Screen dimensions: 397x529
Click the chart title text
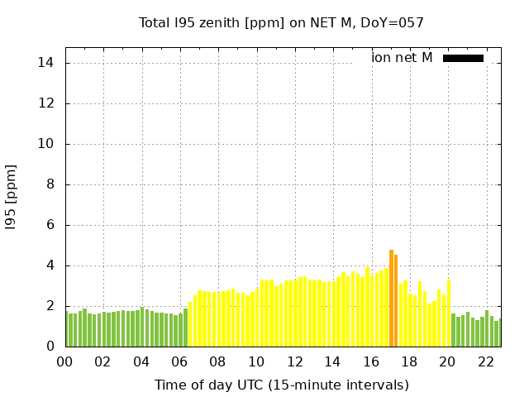[x=281, y=23]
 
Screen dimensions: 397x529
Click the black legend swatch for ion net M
[x=463, y=58]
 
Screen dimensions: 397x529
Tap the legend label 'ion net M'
[x=402, y=58]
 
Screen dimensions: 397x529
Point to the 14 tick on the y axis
[x=46, y=63]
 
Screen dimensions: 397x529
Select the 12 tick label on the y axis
[x=46, y=103]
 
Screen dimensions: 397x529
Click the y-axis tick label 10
[x=46, y=144]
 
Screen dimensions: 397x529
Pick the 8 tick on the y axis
[x=50, y=184]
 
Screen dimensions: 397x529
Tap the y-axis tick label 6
[x=50, y=225]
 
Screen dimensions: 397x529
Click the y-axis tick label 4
[x=50, y=265]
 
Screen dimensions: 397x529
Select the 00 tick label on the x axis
[x=64, y=361]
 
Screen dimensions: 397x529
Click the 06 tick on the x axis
[x=179, y=361]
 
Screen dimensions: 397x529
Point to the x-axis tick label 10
[x=256, y=361]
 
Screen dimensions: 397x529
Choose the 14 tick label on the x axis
[x=332, y=361]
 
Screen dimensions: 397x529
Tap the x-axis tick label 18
[x=409, y=361]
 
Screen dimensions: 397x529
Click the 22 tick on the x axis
[x=485, y=361]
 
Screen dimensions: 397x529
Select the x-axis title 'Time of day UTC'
[x=281, y=385]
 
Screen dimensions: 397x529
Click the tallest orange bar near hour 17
[x=391, y=298]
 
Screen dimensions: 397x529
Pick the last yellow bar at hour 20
[x=449, y=313]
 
